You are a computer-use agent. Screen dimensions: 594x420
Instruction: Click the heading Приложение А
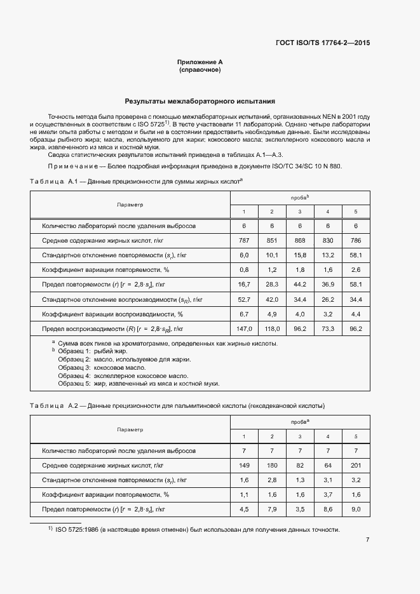tap(200, 62)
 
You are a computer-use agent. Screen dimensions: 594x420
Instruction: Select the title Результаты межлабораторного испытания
tap(200, 101)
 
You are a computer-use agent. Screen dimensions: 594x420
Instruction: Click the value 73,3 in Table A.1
tap(327, 329)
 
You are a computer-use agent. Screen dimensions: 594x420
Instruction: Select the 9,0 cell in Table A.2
tap(356, 509)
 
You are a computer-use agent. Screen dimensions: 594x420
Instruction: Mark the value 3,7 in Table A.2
tap(327, 494)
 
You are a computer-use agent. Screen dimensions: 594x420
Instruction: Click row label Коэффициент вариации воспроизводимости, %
tap(112, 314)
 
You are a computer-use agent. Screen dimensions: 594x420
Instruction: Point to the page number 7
tap(367, 540)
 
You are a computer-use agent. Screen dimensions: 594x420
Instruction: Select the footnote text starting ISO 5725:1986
tap(197, 530)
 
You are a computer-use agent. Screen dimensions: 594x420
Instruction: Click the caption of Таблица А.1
tap(137, 182)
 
